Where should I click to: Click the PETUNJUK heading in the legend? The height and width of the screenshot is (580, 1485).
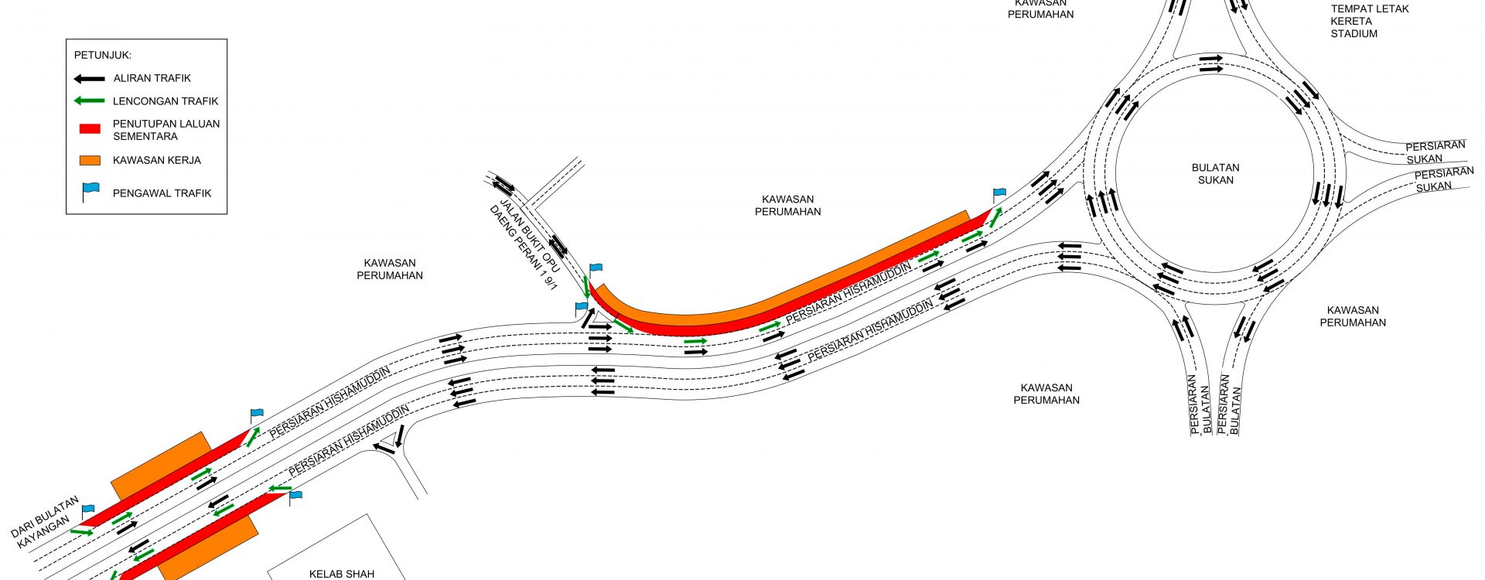click(x=103, y=56)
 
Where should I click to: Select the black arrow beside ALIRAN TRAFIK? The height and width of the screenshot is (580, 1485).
click(x=89, y=79)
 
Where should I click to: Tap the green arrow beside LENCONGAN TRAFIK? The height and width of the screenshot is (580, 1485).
click(x=89, y=101)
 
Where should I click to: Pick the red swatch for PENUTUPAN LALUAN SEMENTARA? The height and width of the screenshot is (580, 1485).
click(x=90, y=129)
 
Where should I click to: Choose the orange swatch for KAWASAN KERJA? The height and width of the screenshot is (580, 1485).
click(x=90, y=161)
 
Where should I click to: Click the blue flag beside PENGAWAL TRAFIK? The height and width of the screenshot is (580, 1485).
click(x=90, y=192)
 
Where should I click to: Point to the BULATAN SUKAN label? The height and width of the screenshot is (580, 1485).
click(x=1216, y=174)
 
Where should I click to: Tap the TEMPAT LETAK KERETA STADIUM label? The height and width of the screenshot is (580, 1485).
click(x=1359, y=22)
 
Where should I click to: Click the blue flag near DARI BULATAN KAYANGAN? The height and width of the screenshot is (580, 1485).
click(x=87, y=511)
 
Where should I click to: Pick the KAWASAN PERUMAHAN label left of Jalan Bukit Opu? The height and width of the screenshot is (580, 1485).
click(x=390, y=269)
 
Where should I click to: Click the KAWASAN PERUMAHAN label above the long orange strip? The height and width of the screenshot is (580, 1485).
click(x=788, y=205)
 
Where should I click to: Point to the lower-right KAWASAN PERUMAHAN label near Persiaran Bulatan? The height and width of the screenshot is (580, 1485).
click(x=1353, y=316)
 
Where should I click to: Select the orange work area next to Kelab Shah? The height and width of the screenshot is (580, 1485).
click(x=209, y=549)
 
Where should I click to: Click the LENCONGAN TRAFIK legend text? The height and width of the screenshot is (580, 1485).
click(x=166, y=101)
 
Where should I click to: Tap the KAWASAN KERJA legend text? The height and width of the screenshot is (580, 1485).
click(x=157, y=161)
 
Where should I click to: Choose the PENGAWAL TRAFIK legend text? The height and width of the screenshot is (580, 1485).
click(x=162, y=193)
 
